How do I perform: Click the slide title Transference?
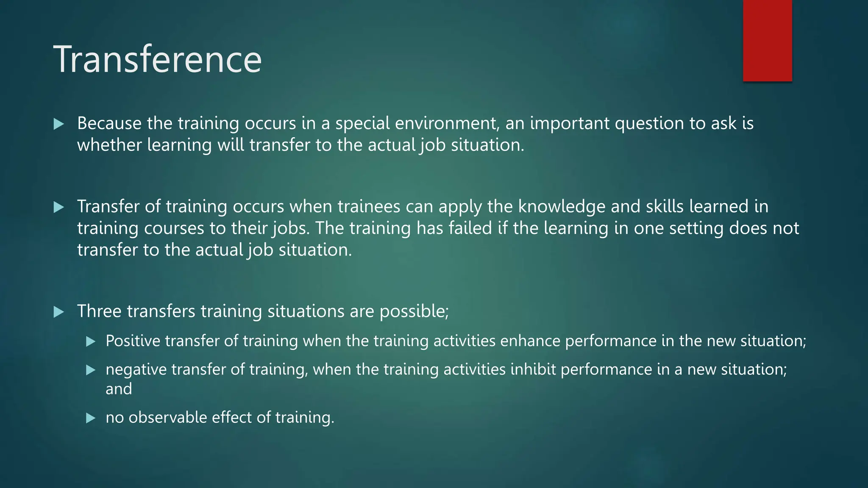(157, 59)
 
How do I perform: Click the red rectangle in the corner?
(767, 40)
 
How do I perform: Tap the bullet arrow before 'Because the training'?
(59, 124)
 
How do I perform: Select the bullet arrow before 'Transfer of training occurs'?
(59, 207)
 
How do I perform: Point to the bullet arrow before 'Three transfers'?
(59, 312)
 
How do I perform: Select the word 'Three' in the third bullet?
(100, 311)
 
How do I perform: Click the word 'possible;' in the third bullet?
(414, 312)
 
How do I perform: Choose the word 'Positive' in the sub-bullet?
(133, 341)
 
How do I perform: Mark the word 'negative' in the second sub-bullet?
(136, 370)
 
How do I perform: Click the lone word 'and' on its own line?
(119, 389)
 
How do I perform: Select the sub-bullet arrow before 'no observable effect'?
(91, 419)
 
